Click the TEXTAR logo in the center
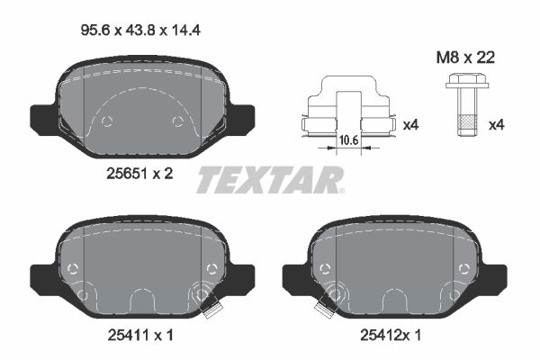(270, 179)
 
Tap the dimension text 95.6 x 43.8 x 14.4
(140, 31)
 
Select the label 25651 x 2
(139, 174)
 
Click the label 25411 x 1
(140, 335)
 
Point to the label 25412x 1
(391, 335)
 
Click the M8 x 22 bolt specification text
(465, 58)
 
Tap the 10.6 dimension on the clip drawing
(349, 140)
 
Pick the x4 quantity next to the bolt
(496, 125)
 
